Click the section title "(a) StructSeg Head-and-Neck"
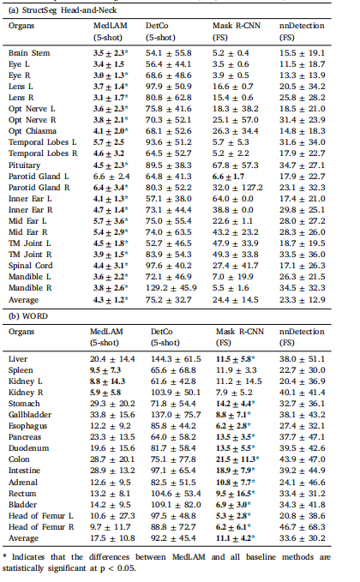click(63, 10)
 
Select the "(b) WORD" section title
click(28, 316)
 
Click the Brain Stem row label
click(29, 53)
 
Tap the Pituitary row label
click(24, 165)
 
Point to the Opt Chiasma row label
click(33, 131)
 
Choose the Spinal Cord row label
click(31, 266)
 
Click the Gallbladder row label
click(30, 415)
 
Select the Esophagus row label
click(27, 426)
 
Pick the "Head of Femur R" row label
click(41, 526)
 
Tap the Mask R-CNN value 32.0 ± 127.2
click(237, 188)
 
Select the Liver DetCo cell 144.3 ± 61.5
click(176, 359)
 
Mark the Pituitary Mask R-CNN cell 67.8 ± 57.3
click(236, 165)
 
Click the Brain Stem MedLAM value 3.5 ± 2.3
click(111, 53)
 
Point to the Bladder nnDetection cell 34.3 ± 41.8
click(302, 504)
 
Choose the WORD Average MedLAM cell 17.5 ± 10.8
click(112, 537)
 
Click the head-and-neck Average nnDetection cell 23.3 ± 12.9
click(302, 299)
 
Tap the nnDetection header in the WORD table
click(302, 332)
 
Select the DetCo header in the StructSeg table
click(157, 26)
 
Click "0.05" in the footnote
click(127, 568)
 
